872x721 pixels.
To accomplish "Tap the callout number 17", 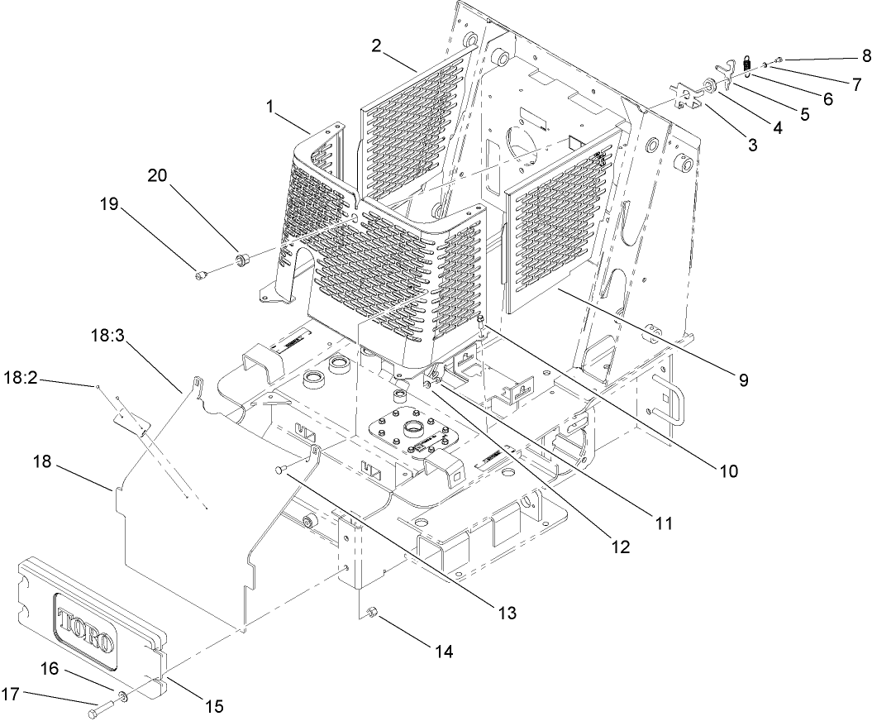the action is [x=12, y=695].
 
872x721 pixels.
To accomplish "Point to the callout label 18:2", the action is [x=22, y=378].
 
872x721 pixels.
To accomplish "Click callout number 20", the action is [x=157, y=176].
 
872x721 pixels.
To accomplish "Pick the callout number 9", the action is [x=744, y=380].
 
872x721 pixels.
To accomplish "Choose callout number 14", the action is [x=444, y=651].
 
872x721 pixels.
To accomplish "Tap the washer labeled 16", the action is [x=122, y=696].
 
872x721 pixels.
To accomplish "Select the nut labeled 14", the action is [x=371, y=613].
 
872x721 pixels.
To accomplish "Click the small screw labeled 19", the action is [x=202, y=274].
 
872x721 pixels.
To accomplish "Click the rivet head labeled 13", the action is [x=279, y=470].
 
